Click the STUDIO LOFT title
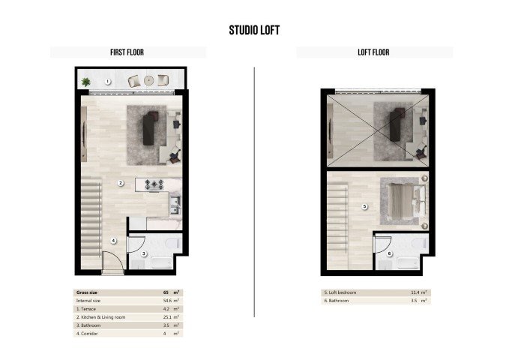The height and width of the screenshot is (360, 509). pos(254,31)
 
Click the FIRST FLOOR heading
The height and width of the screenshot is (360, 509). pos(127,52)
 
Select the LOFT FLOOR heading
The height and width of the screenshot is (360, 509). pos(373,52)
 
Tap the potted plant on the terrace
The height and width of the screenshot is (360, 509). pos(86,81)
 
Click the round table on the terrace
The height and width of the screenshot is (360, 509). pos(149,80)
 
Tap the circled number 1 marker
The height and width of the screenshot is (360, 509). pos(108,81)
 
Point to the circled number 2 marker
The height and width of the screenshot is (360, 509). pos(120,183)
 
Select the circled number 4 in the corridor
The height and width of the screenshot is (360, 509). pos(113,241)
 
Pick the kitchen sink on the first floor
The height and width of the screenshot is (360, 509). pos(175,205)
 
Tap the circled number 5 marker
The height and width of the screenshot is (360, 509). pos(364,205)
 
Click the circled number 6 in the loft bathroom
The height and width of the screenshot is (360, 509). pos(390,253)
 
